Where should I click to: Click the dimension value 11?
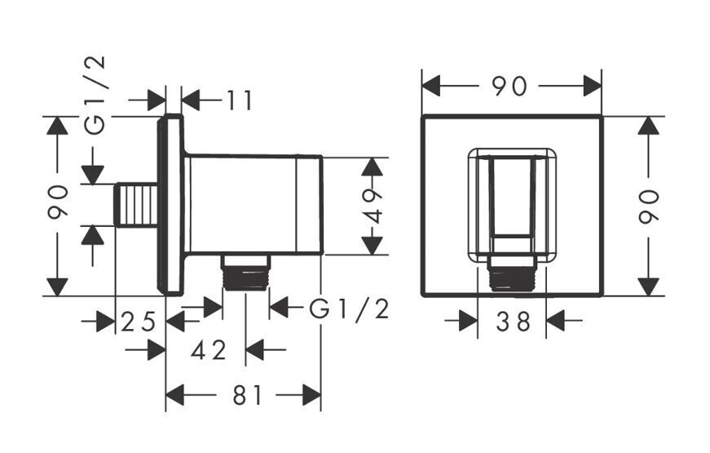pos(239,100)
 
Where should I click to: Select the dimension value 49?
pos(373,207)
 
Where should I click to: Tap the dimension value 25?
pos(139,322)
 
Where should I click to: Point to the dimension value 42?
pos(209,350)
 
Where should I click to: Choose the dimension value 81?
pos(247,395)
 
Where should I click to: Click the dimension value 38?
pos(513,322)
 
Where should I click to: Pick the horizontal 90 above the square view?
pos(509,87)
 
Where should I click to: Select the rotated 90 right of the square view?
pos(649,207)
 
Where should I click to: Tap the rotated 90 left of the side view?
pos(58,202)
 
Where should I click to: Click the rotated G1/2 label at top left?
pos(95,95)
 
